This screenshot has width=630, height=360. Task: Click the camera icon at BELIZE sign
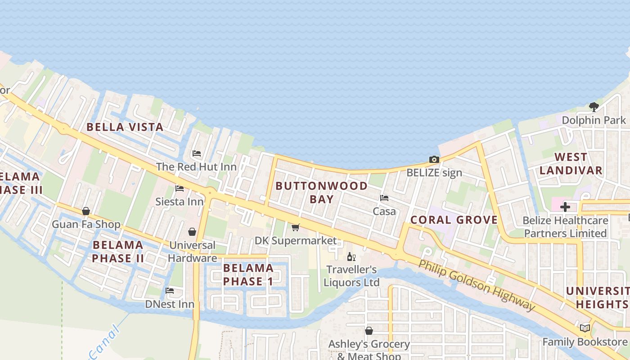434,159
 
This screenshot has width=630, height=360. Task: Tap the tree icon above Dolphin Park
594,107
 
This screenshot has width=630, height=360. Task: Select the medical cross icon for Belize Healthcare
565,207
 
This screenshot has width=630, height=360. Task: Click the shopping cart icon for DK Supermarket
295,227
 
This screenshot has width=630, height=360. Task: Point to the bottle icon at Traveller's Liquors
351,256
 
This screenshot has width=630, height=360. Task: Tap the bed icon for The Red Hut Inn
196,153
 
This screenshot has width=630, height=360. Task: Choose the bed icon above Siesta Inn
180,188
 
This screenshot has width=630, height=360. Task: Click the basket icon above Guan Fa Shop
86,211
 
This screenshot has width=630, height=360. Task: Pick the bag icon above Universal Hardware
192,232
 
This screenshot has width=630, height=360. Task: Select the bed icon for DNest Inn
169,291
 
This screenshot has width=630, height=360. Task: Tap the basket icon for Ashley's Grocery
369,331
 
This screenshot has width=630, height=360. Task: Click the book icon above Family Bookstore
585,328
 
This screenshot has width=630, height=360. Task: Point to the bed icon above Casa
384,198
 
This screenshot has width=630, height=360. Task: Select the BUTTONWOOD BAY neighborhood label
321,192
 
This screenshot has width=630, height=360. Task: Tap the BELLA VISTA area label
125,127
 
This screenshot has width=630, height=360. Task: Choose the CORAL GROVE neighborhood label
454,220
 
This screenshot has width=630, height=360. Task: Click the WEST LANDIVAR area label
571,163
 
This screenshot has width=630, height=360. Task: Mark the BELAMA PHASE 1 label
248,274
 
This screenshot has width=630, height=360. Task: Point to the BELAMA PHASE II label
118,252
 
